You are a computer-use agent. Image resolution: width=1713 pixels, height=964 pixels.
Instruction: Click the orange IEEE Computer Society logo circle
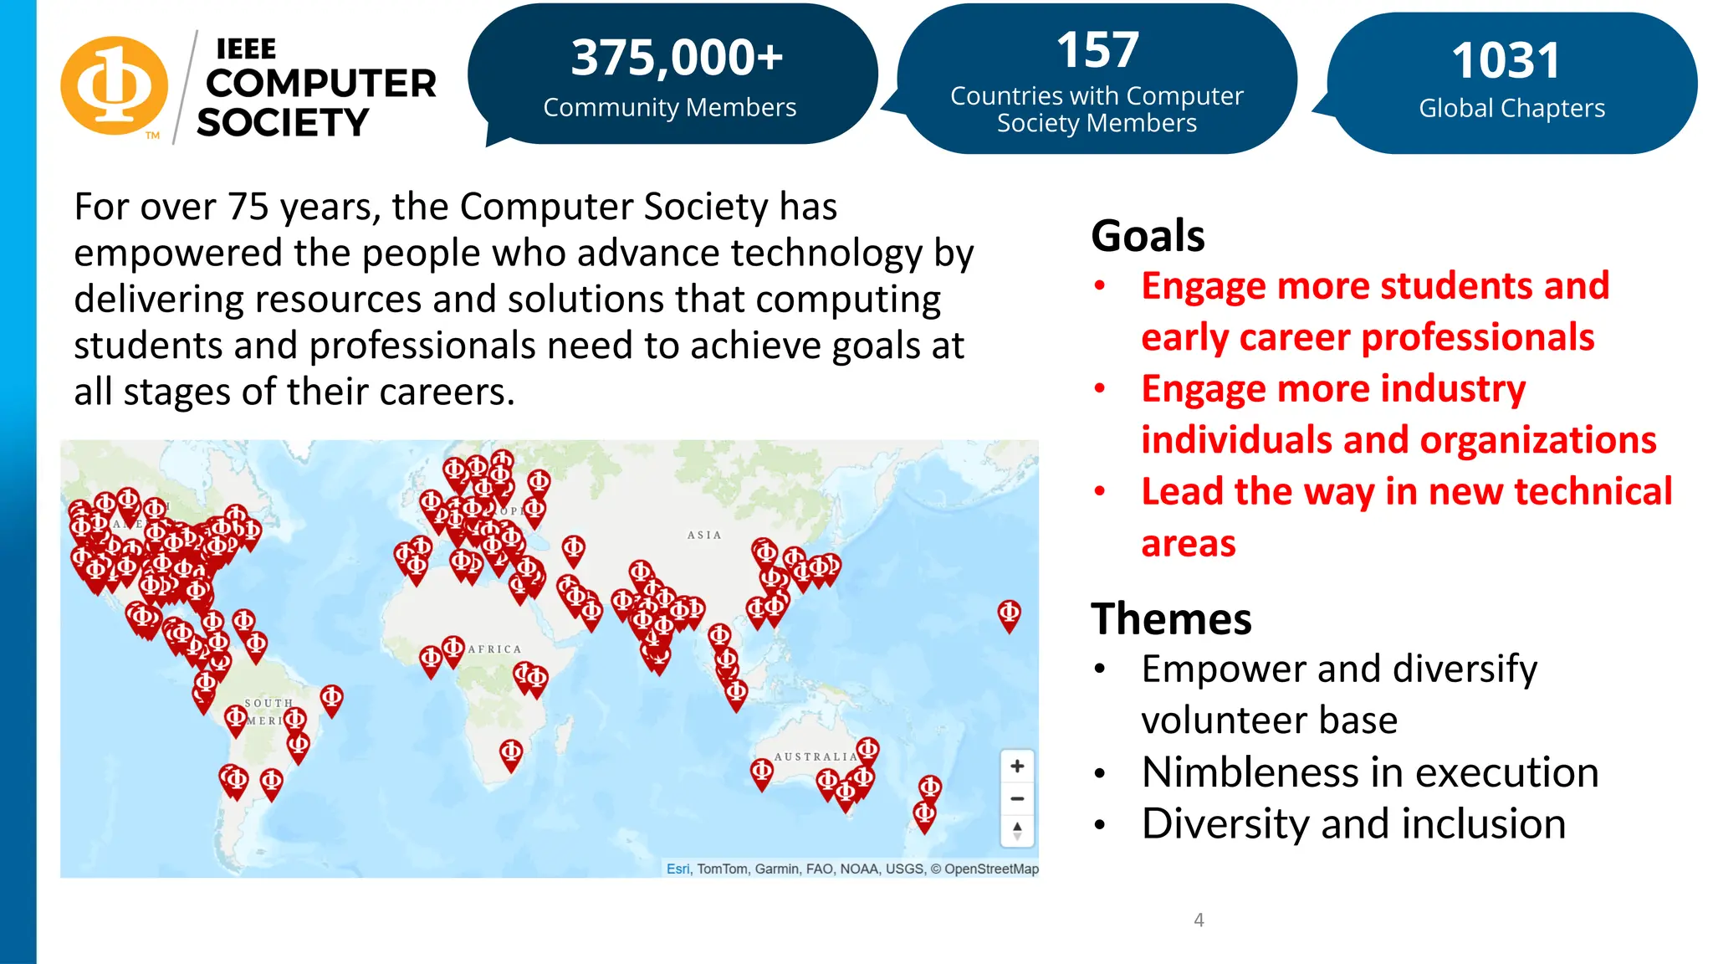(x=115, y=85)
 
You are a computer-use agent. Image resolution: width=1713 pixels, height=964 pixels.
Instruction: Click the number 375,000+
(x=677, y=58)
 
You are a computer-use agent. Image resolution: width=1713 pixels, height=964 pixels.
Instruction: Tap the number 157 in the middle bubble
(x=1097, y=50)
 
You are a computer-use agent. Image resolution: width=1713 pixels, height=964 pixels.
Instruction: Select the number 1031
(x=1506, y=61)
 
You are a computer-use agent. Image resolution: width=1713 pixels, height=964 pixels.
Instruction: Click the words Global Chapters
(x=1511, y=109)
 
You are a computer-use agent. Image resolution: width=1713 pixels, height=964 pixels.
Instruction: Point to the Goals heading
(x=1148, y=235)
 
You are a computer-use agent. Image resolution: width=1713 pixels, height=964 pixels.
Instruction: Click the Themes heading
(x=1171, y=619)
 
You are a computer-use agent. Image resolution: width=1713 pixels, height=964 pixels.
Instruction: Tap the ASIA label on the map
(x=703, y=536)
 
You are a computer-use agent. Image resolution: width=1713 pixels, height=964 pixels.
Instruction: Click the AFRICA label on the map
(x=494, y=649)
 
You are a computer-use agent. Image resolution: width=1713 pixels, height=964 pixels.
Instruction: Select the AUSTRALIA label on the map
(x=816, y=756)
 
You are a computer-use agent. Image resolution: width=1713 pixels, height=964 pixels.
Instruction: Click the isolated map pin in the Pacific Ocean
(x=1009, y=614)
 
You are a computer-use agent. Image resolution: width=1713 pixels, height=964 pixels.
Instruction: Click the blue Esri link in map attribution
(x=678, y=869)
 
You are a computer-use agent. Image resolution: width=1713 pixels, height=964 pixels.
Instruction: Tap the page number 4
(x=1199, y=920)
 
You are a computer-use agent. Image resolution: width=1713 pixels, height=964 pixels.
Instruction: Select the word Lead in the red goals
(x=1182, y=491)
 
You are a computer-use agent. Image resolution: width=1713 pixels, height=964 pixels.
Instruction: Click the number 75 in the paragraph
(x=248, y=207)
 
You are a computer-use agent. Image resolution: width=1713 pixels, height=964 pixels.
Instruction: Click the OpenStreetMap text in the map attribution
(x=991, y=869)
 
